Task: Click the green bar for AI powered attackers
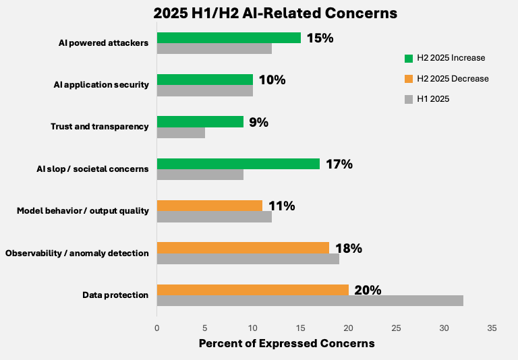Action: pyautogui.click(x=229, y=38)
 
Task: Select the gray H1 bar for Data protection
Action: pyautogui.click(x=310, y=301)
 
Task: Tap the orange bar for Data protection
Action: pyautogui.click(x=252, y=290)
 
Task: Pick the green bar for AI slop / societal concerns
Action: pyautogui.click(x=238, y=164)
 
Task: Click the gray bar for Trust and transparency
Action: pyautogui.click(x=181, y=133)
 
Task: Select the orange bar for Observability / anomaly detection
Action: pyautogui.click(x=243, y=247)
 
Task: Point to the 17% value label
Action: pyautogui.click(x=339, y=164)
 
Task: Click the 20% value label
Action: pyautogui.click(x=368, y=290)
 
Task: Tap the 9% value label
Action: pyautogui.click(x=258, y=122)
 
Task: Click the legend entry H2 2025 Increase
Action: pyautogui.click(x=451, y=58)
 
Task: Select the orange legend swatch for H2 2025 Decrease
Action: pyautogui.click(x=408, y=78)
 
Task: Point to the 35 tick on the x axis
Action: pyautogui.click(x=492, y=328)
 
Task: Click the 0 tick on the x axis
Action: pyautogui.click(x=157, y=328)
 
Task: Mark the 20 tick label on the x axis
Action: pyautogui.click(x=348, y=328)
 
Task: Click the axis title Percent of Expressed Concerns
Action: pyautogui.click(x=287, y=343)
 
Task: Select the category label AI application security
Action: pyautogui.click(x=101, y=85)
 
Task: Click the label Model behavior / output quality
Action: pyautogui.click(x=82, y=211)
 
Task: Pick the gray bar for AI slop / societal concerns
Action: pyautogui.click(x=200, y=175)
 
